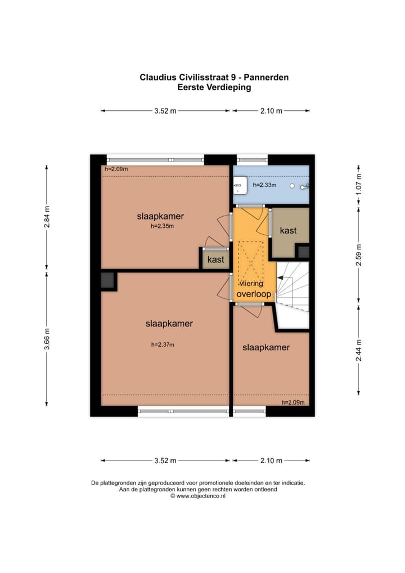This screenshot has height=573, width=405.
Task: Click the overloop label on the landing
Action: [254, 294]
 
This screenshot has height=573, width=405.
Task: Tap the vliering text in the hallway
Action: [251, 284]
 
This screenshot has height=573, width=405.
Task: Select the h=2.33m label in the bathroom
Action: [264, 185]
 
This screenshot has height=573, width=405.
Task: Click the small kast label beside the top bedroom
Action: [215, 259]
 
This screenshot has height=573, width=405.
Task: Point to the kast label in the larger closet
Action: [288, 230]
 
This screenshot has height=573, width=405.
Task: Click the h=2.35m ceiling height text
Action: [162, 226]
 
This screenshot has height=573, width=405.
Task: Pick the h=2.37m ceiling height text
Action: [163, 344]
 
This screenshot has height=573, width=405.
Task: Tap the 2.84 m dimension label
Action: [47, 217]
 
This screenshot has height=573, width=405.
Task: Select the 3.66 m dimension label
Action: [47, 339]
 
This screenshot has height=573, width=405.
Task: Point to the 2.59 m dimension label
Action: [359, 255]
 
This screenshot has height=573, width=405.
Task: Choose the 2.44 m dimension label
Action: [359, 350]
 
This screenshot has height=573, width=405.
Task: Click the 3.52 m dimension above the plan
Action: [165, 111]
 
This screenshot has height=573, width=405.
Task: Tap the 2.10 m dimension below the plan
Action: [271, 460]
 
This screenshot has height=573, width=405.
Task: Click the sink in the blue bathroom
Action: [241, 185]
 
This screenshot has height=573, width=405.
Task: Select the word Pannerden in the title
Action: [266, 78]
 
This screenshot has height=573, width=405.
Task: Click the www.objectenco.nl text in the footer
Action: [201, 496]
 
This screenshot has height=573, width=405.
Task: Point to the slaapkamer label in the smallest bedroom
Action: [266, 347]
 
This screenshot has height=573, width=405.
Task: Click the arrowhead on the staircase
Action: [281, 278]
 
